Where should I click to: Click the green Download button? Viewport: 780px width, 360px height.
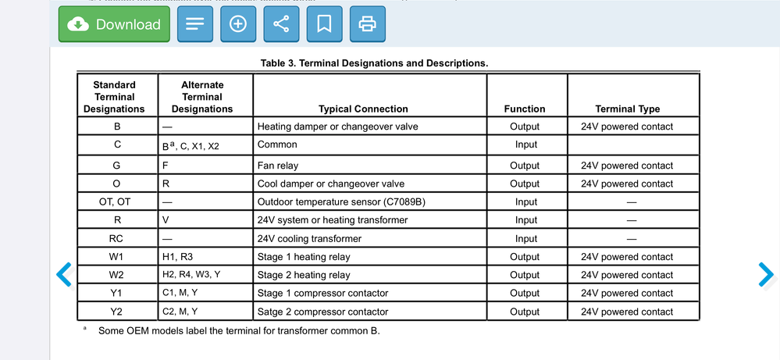click(114, 24)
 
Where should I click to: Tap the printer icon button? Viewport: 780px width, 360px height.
click(367, 24)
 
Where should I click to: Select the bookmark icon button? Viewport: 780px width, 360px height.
click(324, 24)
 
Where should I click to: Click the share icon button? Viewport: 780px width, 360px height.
click(281, 24)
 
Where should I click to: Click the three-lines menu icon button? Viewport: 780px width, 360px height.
click(194, 24)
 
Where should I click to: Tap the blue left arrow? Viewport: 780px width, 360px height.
click(65, 273)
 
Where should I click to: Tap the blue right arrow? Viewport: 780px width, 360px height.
click(766, 273)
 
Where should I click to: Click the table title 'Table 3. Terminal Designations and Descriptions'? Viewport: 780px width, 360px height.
click(374, 63)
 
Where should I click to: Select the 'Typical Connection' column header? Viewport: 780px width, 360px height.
click(363, 109)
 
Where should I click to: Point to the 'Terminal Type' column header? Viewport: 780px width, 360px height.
click(627, 109)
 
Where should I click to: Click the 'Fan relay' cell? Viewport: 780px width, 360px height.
click(278, 166)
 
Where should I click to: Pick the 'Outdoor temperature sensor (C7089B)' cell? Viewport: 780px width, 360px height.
click(341, 202)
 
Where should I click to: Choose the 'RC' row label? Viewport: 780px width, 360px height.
click(116, 239)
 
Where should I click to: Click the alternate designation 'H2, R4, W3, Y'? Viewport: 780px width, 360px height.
click(191, 275)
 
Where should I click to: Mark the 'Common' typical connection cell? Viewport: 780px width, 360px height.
click(277, 144)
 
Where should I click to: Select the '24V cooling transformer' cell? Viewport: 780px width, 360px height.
click(309, 239)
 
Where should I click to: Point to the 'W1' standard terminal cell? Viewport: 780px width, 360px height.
click(116, 257)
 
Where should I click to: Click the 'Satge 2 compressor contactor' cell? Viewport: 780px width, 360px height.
click(322, 312)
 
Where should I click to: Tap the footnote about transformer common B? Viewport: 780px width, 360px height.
click(238, 330)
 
